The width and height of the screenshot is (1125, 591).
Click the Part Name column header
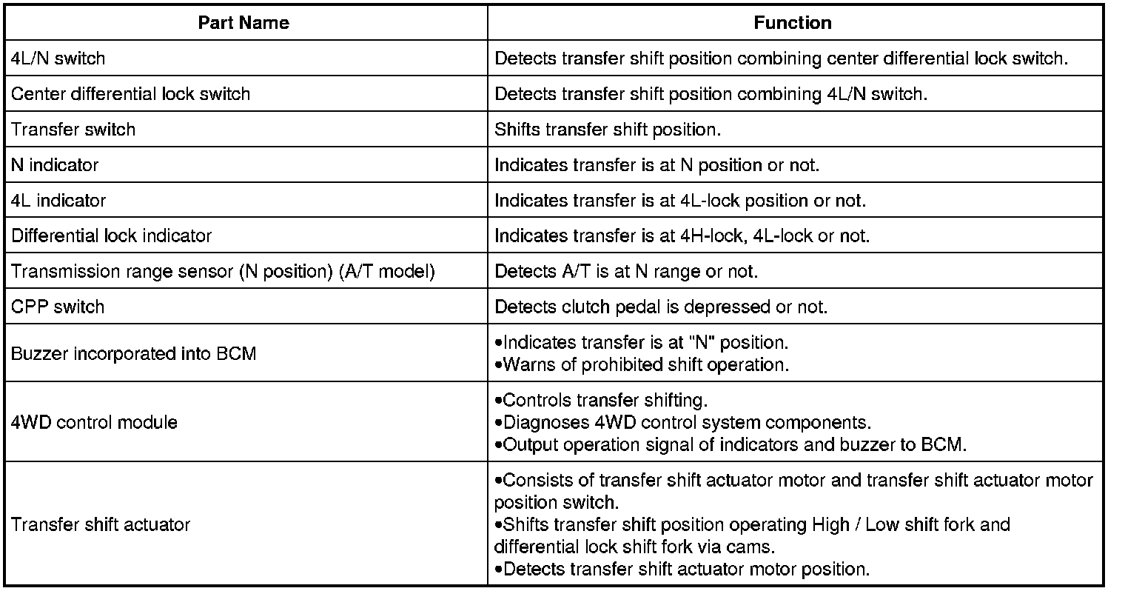tap(244, 23)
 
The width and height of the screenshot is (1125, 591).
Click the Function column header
tap(793, 23)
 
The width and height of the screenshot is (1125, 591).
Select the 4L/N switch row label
tap(58, 59)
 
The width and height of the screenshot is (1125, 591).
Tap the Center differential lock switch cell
tap(131, 94)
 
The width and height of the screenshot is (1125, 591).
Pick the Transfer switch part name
tap(73, 130)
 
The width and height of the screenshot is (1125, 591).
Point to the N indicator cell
tap(55, 165)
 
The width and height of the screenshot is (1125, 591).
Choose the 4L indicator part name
tap(58, 201)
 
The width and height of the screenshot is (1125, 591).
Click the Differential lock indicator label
tap(112, 236)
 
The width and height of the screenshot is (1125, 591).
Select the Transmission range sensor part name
tap(223, 272)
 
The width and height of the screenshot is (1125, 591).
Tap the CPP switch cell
tap(58, 307)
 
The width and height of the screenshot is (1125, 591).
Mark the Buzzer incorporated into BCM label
tap(134, 353)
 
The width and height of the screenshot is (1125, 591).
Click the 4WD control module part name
tap(95, 423)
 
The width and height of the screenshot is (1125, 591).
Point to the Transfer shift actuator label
tap(101, 525)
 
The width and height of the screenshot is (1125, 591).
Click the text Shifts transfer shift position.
tap(608, 130)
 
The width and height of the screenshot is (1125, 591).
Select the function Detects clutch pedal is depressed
tap(661, 307)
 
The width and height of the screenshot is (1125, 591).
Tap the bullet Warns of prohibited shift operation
tap(641, 365)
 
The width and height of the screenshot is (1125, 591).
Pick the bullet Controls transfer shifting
tap(601, 401)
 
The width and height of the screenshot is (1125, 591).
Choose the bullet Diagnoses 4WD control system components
tap(682, 423)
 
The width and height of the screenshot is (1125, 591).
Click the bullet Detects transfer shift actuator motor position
tap(682, 570)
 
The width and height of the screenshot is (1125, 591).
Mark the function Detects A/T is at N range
tap(626, 272)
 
